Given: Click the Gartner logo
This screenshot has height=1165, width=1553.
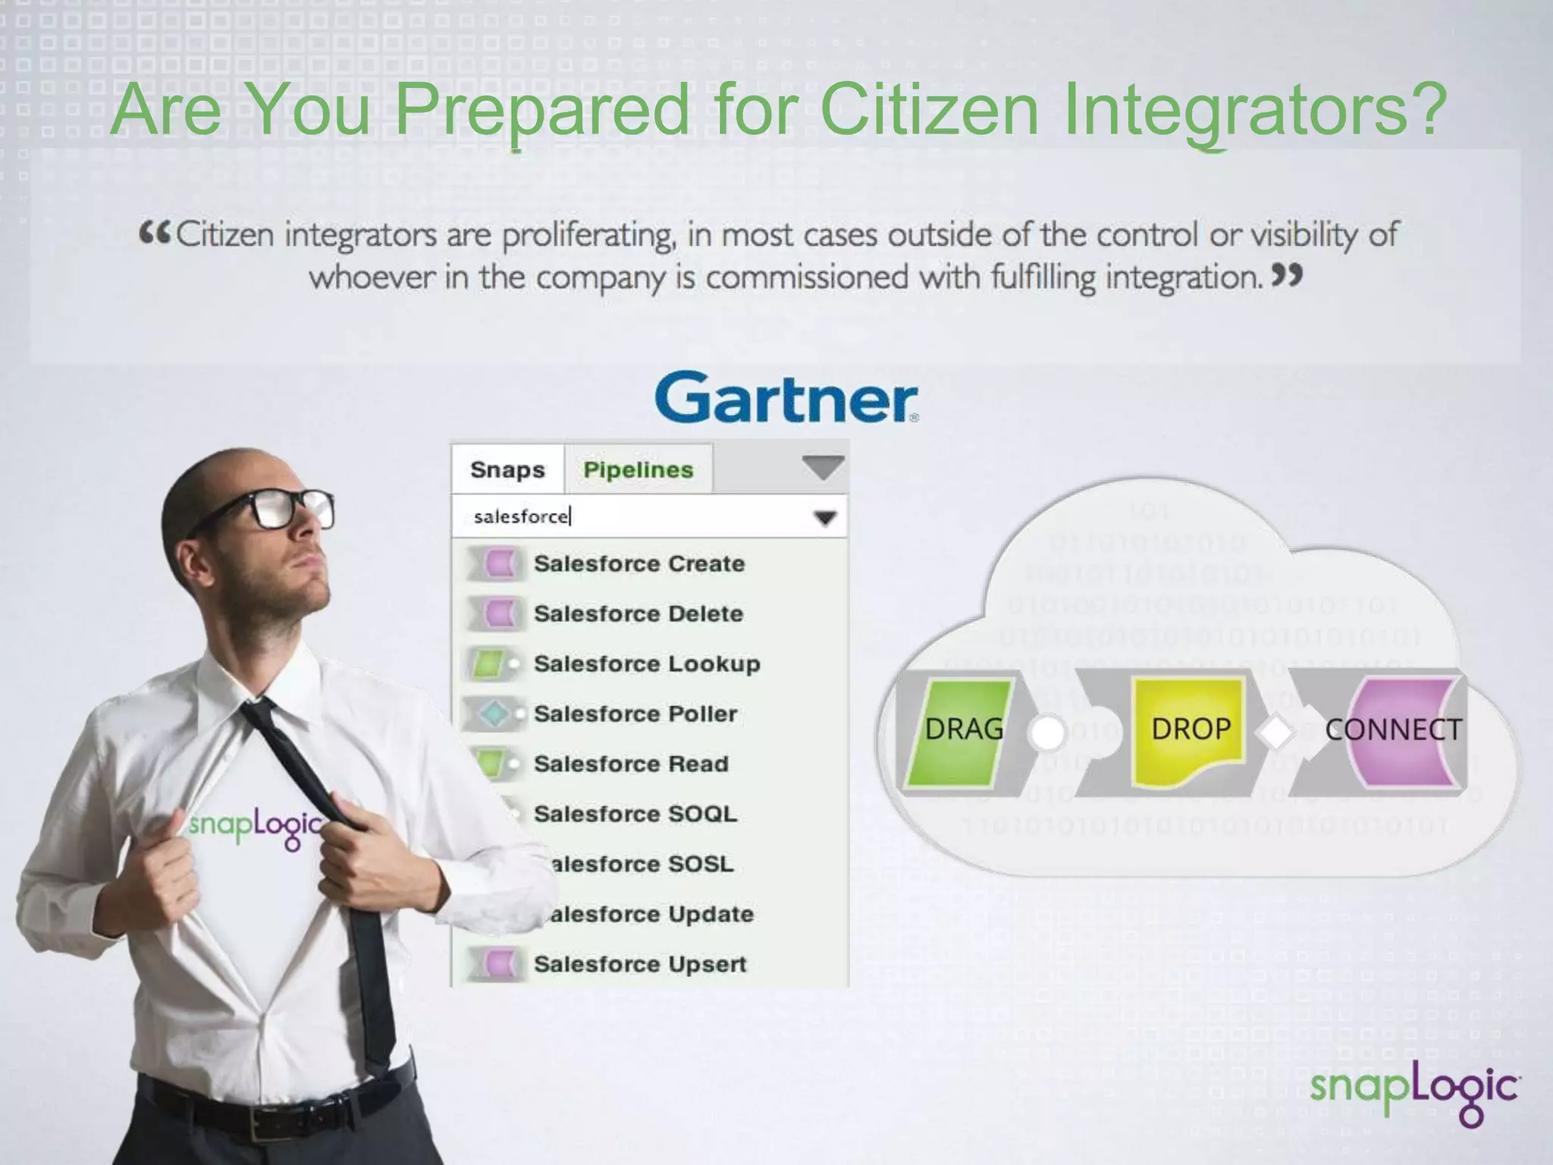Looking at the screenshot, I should [786, 397].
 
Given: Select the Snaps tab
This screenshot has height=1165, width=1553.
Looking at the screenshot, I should [507, 469].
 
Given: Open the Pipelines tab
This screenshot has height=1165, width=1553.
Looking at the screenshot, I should [638, 469].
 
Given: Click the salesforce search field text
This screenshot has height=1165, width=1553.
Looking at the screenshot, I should [521, 517].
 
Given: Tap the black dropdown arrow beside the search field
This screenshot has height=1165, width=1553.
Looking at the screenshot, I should [824, 518].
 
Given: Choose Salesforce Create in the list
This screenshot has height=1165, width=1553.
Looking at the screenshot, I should [638, 564].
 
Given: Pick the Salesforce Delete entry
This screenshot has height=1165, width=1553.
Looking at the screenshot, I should [638, 614].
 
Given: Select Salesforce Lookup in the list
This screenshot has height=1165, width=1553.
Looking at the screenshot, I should [646, 664].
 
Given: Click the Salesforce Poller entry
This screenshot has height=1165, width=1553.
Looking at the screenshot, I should [635, 714].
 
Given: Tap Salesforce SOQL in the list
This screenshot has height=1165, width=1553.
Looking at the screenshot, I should [635, 814].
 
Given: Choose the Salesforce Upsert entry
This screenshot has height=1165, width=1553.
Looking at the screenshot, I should [639, 964].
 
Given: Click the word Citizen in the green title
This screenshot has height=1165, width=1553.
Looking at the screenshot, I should [929, 110].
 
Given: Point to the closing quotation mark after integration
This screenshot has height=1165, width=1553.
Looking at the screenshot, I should [1287, 275].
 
